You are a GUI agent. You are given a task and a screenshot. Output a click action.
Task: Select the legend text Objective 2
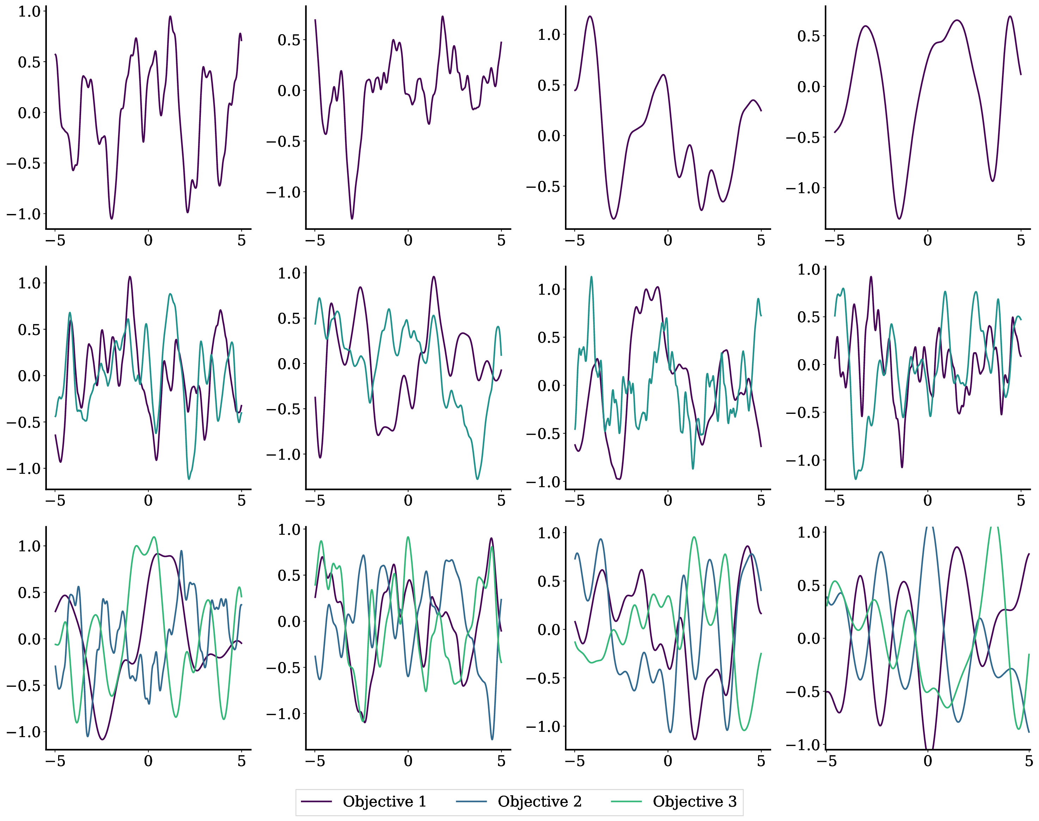click(x=539, y=801)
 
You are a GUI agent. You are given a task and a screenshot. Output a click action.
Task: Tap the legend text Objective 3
click(x=694, y=801)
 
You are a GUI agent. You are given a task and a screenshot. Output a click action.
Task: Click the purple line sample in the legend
click(x=316, y=801)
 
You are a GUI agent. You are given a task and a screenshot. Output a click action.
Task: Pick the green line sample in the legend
click(x=626, y=801)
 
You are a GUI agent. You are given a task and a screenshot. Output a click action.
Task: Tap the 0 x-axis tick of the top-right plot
click(x=928, y=240)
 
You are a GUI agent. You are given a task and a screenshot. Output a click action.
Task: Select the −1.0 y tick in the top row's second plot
click(x=283, y=192)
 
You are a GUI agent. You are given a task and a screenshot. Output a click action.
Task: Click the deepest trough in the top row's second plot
click(x=352, y=219)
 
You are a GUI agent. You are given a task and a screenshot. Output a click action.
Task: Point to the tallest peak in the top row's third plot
click(x=590, y=16)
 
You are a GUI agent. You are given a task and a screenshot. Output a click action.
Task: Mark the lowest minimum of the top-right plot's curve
click(x=899, y=219)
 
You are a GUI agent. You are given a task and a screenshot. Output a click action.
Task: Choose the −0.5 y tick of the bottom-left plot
click(x=24, y=685)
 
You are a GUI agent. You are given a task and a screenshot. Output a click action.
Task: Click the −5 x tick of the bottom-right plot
click(x=826, y=761)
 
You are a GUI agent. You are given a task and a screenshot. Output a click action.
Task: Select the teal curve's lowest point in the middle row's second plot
click(x=477, y=479)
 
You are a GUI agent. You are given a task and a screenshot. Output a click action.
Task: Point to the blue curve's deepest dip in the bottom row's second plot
click(x=492, y=739)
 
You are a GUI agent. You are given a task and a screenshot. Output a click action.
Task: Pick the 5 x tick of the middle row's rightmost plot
click(x=1021, y=501)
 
